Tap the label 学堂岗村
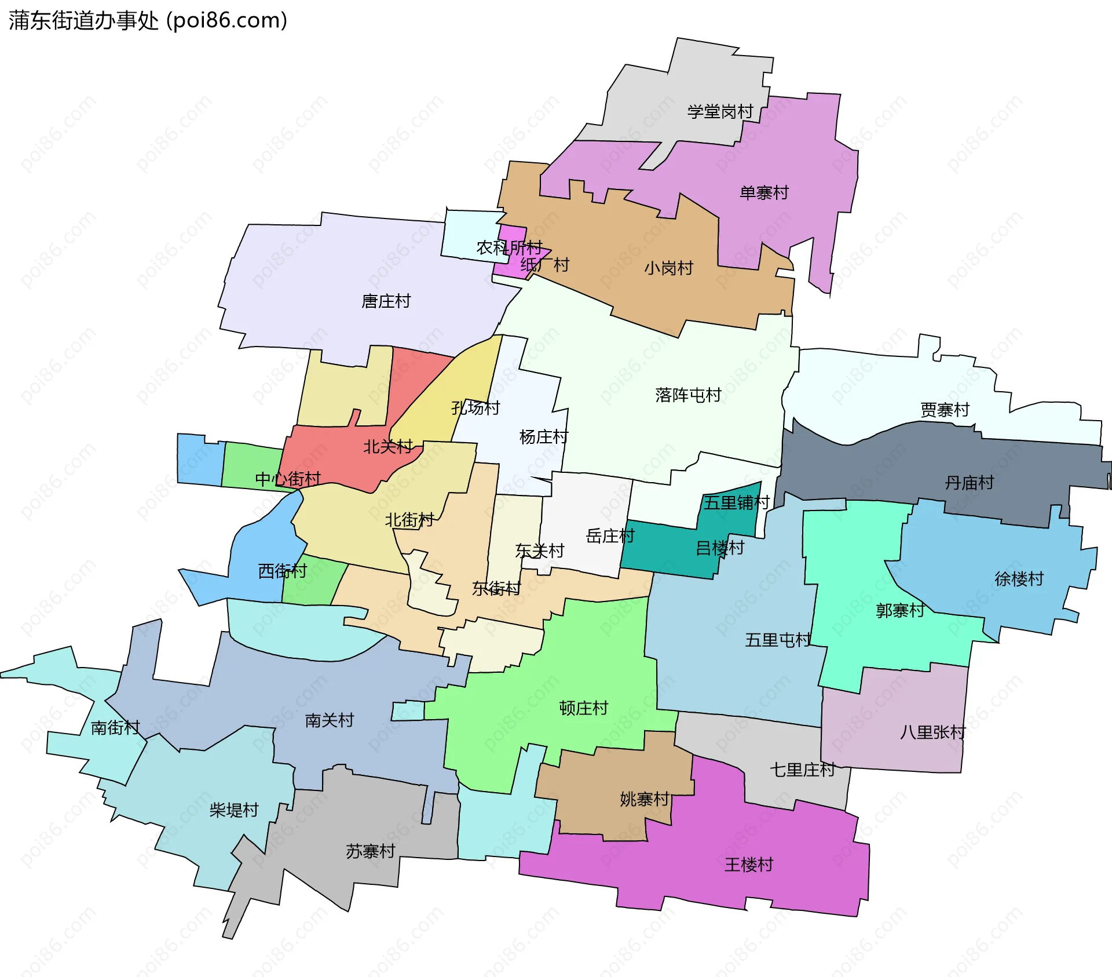(x=720, y=111)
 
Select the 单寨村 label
(x=764, y=192)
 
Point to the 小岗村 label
(x=668, y=268)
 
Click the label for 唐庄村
(x=386, y=301)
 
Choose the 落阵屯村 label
(x=688, y=395)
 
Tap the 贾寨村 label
(x=945, y=410)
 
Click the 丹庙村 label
(x=969, y=483)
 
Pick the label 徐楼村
(x=1019, y=579)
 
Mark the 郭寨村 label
(x=899, y=610)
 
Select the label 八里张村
(x=932, y=732)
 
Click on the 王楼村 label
(x=749, y=865)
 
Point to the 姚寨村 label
(x=645, y=800)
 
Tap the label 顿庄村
(x=583, y=708)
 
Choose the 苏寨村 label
(x=371, y=851)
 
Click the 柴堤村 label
(x=234, y=810)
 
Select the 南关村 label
(x=330, y=720)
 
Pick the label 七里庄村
(x=802, y=770)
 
